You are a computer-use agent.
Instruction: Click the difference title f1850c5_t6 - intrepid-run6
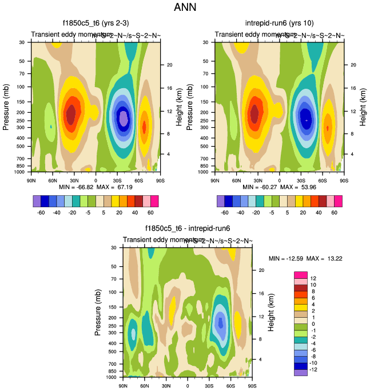point(187,228)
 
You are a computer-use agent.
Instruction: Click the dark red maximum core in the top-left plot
point(71,113)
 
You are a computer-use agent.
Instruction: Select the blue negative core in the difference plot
point(220,322)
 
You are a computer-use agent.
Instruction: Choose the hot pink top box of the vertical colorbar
point(301,275)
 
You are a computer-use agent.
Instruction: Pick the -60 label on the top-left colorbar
point(41,211)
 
